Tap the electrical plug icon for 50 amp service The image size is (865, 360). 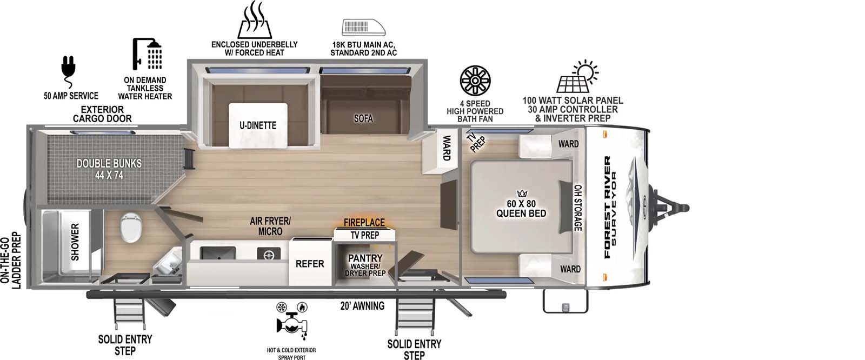click(69, 70)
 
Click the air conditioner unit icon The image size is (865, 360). click(363, 28)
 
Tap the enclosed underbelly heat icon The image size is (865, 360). click(254, 20)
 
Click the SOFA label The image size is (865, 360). click(363, 118)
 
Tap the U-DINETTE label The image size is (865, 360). click(258, 125)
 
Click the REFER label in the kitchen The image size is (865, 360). click(310, 264)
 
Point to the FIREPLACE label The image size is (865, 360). click(364, 223)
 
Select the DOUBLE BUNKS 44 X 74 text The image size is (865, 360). click(109, 169)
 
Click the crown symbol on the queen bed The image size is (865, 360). click(522, 193)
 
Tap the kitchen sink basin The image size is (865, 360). click(217, 252)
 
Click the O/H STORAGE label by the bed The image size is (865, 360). click(577, 208)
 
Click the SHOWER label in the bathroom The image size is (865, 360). click(75, 242)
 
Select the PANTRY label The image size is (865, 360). click(365, 258)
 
